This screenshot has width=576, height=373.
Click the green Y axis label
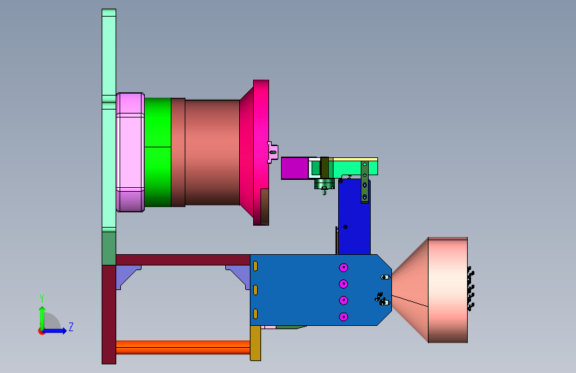click(x=42, y=299)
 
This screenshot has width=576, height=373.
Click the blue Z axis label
click(x=71, y=327)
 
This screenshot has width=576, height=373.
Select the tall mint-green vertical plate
click(x=109, y=120)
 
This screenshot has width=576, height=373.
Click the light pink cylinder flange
click(x=130, y=153)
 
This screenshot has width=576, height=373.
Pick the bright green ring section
click(x=157, y=153)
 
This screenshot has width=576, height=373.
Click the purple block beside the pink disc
click(x=294, y=168)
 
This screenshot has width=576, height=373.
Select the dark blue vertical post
click(x=354, y=216)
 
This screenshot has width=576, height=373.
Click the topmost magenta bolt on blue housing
click(x=343, y=267)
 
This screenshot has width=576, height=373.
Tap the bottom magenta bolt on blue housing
click(x=343, y=317)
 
